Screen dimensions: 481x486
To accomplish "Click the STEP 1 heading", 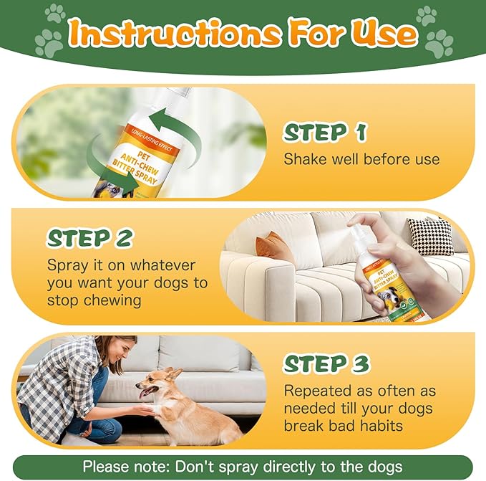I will click(326, 133).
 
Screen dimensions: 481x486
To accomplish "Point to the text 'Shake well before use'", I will click(361, 159).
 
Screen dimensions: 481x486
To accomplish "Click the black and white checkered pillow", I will click(430, 235).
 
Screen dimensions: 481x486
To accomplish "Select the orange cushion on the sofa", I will click(273, 248).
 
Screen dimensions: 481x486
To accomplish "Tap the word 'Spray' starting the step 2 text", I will click(67, 265).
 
